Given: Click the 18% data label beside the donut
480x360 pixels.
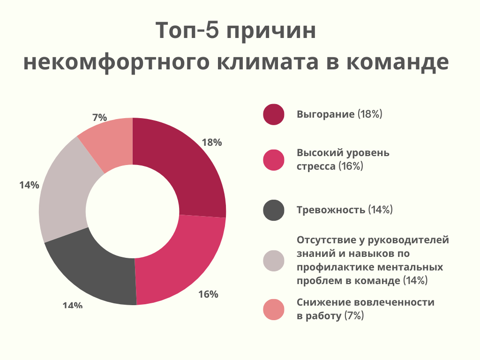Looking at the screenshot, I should pyautogui.click(x=211, y=142).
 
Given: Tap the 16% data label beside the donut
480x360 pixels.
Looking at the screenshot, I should pyautogui.click(x=208, y=294).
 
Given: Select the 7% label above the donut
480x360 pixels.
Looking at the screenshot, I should pyautogui.click(x=99, y=117).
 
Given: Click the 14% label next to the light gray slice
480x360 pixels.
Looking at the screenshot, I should pyautogui.click(x=29, y=185).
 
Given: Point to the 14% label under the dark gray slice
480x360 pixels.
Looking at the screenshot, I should pyautogui.click(x=73, y=306).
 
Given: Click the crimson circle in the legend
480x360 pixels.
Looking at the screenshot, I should pyautogui.click(x=274, y=114).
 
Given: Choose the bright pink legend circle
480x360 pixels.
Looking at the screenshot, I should pyautogui.click(x=274, y=160).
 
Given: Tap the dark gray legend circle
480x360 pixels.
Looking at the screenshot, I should pyautogui.click(x=274, y=210).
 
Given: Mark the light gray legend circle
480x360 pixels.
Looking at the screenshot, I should pyautogui.click(x=274, y=261).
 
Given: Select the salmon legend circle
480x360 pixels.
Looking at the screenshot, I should pyautogui.click(x=274, y=310).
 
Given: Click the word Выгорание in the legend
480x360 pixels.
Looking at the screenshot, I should pyautogui.click(x=325, y=114).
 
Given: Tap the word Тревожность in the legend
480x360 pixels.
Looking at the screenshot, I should pyautogui.click(x=331, y=210).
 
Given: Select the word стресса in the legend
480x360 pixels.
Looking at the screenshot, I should pyautogui.click(x=316, y=166).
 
